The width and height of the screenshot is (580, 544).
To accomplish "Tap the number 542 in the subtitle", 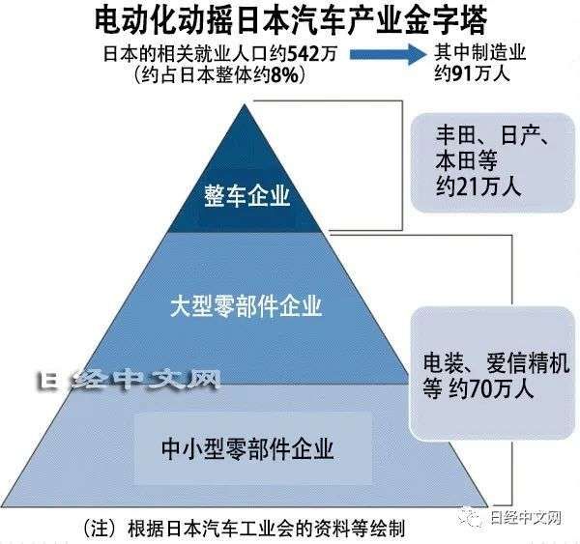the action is [304, 54].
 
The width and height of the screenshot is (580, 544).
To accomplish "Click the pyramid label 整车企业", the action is [246, 195].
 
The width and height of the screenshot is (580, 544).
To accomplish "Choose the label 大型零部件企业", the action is [246, 306].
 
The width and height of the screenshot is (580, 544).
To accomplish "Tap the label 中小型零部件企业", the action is [247, 448].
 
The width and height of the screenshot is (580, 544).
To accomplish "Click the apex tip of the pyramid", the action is [245, 104].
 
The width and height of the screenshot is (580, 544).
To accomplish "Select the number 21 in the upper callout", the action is [468, 186].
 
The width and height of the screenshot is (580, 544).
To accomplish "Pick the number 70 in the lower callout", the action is [480, 388].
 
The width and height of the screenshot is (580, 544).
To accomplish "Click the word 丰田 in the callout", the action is [455, 135].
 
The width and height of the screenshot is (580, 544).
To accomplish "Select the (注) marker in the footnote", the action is [101, 529].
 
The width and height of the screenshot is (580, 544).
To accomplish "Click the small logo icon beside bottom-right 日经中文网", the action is [470, 517].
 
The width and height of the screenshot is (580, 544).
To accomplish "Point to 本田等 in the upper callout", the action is [466, 161].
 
